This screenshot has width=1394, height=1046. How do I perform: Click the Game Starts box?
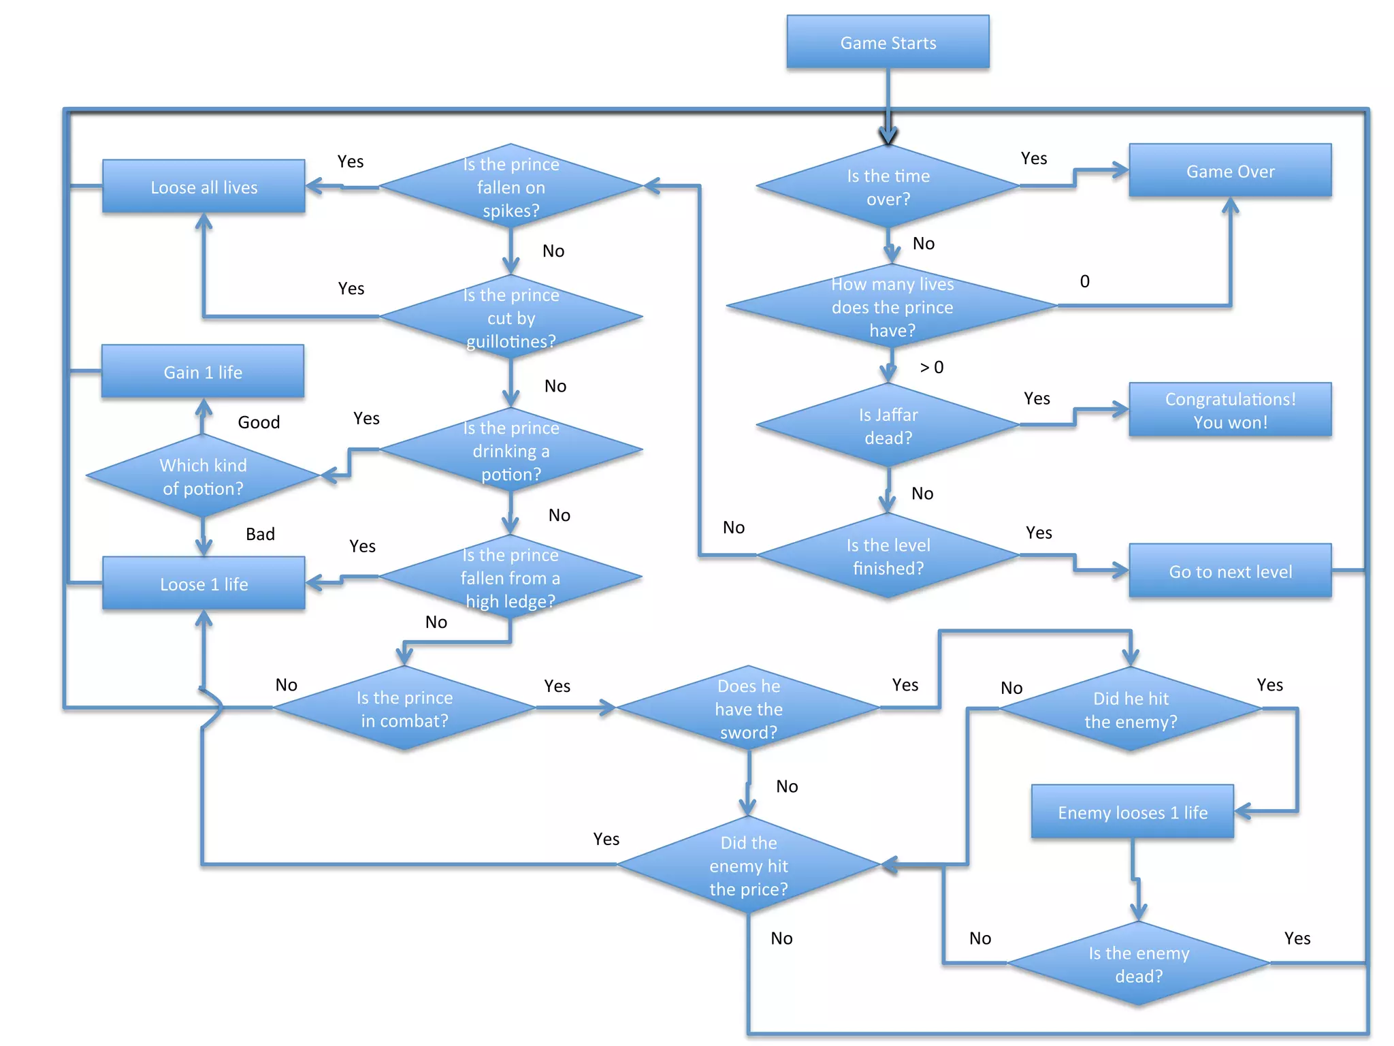point(888,42)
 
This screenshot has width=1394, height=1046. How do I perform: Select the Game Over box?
point(1230,171)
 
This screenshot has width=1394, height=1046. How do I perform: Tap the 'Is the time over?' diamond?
point(888,187)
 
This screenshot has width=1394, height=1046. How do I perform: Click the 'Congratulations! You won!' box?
point(1230,410)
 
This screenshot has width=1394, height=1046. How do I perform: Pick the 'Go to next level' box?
point(1230,571)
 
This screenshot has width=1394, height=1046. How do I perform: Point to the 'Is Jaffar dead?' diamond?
point(888,426)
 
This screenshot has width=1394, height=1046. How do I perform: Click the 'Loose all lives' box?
point(204,187)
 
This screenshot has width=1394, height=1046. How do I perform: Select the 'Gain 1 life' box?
point(203,372)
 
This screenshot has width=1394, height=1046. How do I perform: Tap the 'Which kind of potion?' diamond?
point(203,476)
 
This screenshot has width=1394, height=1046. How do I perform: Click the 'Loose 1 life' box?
point(204,584)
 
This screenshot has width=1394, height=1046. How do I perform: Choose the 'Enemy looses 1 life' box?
point(1132,812)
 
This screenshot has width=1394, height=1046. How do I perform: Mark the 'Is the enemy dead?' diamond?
point(1138,964)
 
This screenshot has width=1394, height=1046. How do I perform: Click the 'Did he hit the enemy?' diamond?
point(1130,709)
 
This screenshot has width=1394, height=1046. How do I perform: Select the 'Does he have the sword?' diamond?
point(748,709)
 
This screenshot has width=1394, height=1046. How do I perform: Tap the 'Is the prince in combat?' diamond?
point(404,709)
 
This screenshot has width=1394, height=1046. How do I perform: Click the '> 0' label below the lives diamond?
point(931,368)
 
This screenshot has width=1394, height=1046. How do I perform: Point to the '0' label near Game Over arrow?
point(1084,281)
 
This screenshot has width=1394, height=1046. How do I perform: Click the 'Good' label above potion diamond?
point(259,422)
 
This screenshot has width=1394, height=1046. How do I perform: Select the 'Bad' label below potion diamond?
point(260,534)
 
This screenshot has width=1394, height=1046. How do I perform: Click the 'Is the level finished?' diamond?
point(888,556)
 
